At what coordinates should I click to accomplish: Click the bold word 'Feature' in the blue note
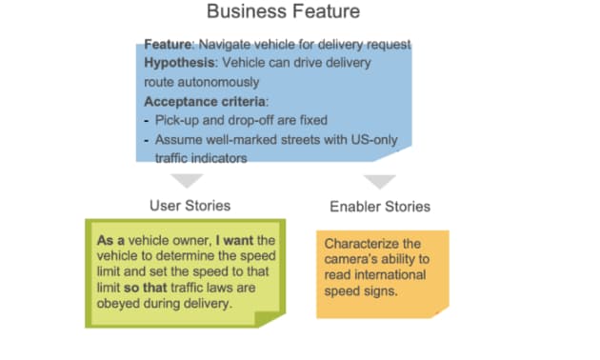pyautogui.click(x=166, y=45)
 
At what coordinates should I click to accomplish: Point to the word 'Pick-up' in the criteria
pyautogui.click(x=178, y=120)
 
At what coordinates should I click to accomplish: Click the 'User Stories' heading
pyautogui.click(x=190, y=205)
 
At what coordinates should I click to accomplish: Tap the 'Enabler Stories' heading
pyautogui.click(x=380, y=206)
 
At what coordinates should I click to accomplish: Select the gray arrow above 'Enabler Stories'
pyautogui.click(x=380, y=180)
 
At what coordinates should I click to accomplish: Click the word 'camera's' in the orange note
pyautogui.click(x=354, y=260)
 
